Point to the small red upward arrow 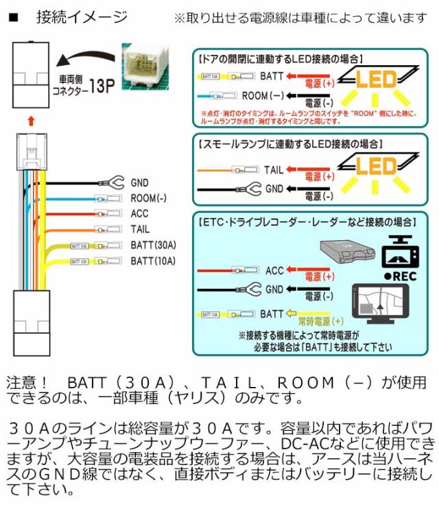tap(30, 122)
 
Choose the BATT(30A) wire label tap(153, 245)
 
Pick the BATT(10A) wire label tap(153, 261)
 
